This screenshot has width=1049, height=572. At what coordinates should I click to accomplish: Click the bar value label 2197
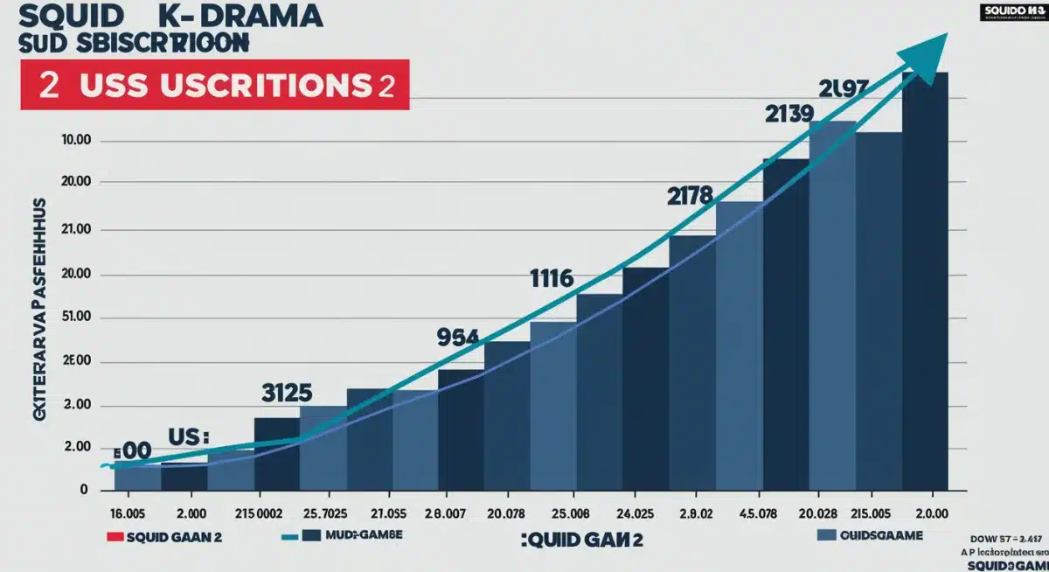point(844,87)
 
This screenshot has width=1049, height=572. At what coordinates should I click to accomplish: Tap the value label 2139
point(789,114)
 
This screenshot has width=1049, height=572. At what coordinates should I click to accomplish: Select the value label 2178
point(690,196)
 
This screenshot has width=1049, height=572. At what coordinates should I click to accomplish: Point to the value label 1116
point(552,279)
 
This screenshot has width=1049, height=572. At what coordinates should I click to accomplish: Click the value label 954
point(457,338)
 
